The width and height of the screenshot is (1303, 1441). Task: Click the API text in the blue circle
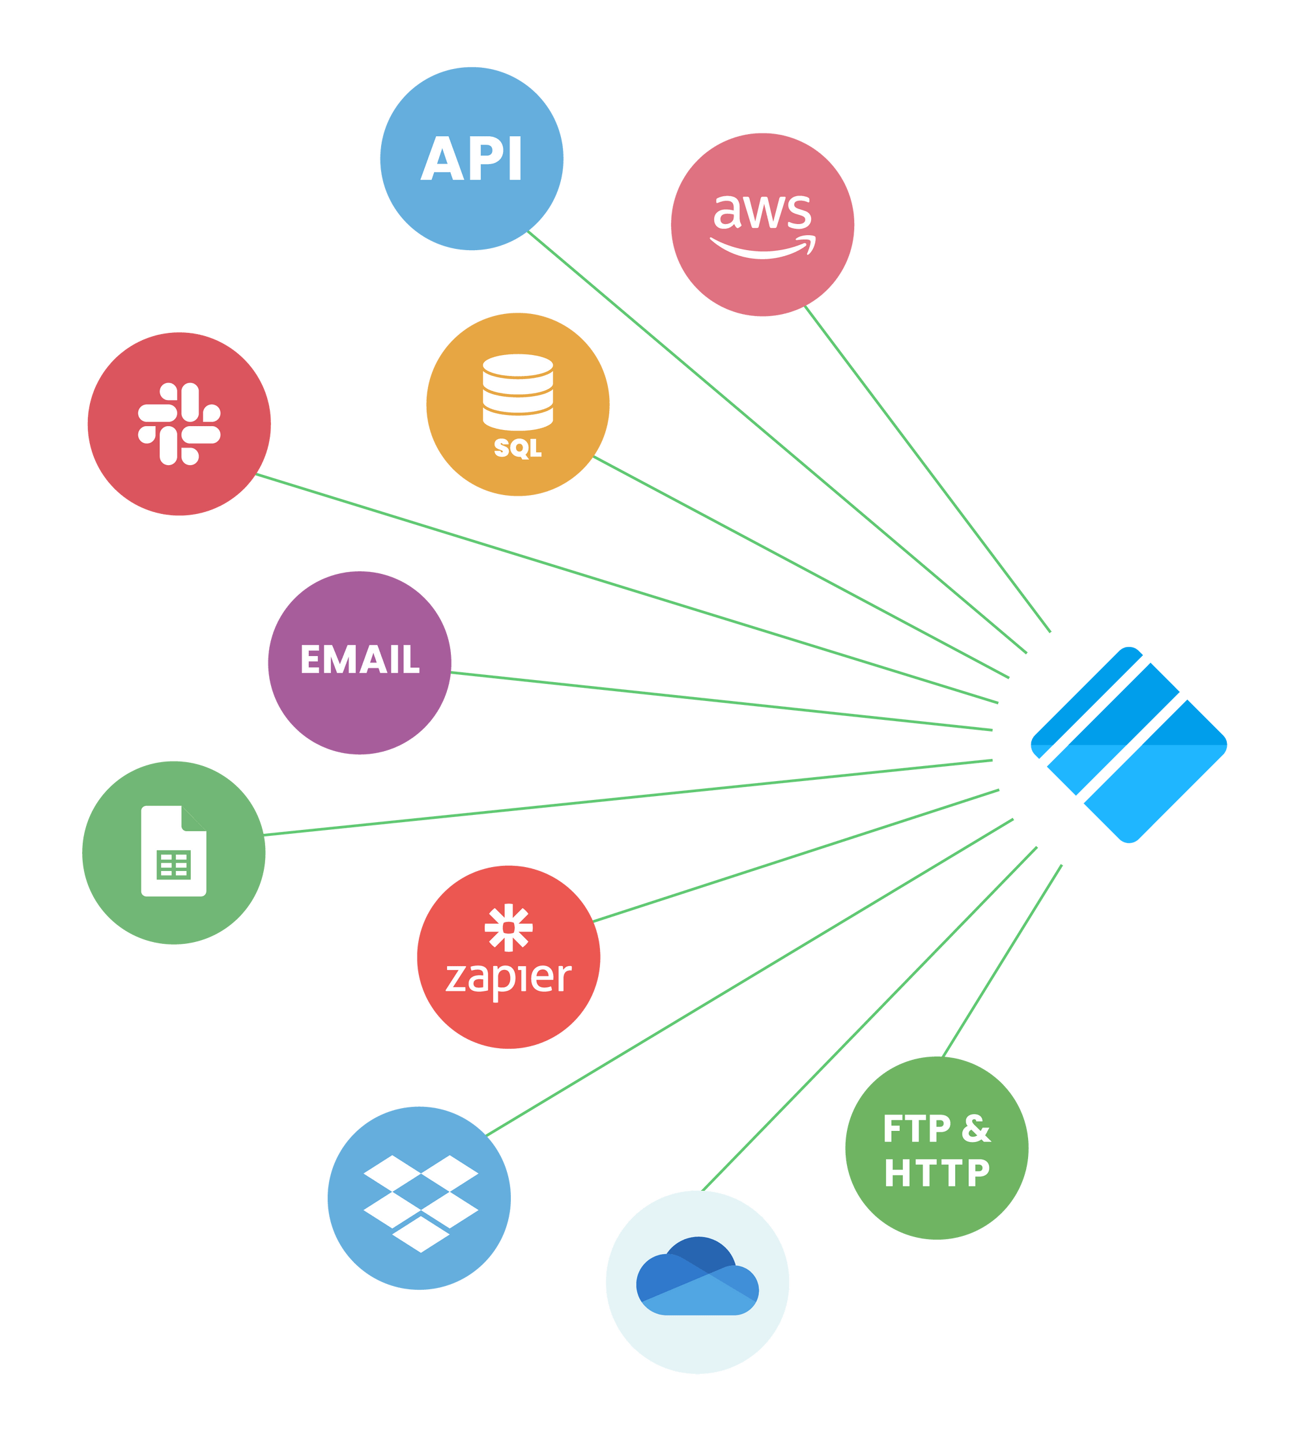pyautogui.click(x=471, y=159)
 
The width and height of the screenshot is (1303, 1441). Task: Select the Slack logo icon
pyautogui.click(x=179, y=424)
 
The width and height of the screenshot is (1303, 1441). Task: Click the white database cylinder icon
pyautogui.click(x=517, y=392)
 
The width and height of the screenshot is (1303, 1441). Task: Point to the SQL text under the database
pyautogui.click(x=517, y=448)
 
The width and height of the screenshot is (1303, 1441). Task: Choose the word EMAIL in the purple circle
pyautogui.click(x=360, y=659)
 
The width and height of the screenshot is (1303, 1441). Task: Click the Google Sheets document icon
pyautogui.click(x=174, y=851)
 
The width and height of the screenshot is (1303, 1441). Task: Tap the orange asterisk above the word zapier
pyautogui.click(x=508, y=928)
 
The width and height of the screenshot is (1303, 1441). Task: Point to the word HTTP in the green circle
pyautogui.click(x=936, y=1174)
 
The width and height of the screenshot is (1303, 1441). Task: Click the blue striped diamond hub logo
pyautogui.click(x=1128, y=745)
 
